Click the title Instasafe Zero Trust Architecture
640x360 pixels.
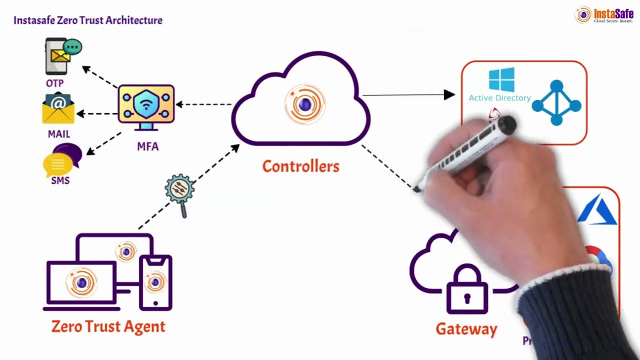pyautogui.click(x=88, y=20)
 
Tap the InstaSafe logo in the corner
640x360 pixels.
pyautogui.click(x=604, y=15)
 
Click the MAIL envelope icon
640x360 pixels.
pyautogui.click(x=58, y=108)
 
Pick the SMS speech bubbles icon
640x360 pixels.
pyautogui.click(x=63, y=159)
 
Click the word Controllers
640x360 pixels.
pyautogui.click(x=300, y=166)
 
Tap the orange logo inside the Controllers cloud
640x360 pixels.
pyautogui.click(x=304, y=104)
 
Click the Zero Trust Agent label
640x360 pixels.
pyautogui.click(x=108, y=326)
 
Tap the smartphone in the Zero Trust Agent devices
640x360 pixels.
pyautogui.click(x=155, y=282)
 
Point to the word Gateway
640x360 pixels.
pyautogui.click(x=466, y=329)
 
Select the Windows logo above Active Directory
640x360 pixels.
pyautogui.click(x=501, y=80)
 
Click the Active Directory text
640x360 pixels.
pyautogui.click(x=499, y=98)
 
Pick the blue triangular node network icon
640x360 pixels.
pyautogui.click(x=556, y=103)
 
